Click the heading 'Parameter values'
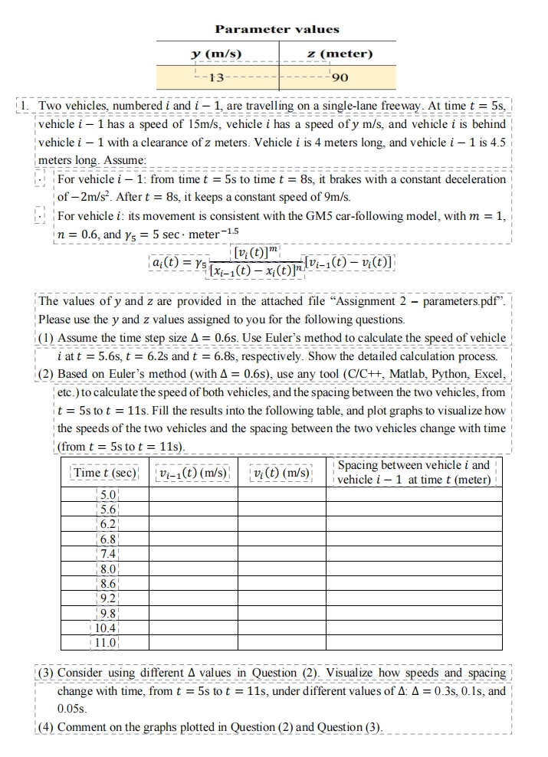coord(277,29)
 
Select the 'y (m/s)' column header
coord(216,54)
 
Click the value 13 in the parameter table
coord(217,77)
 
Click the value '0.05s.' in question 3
coord(72,709)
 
